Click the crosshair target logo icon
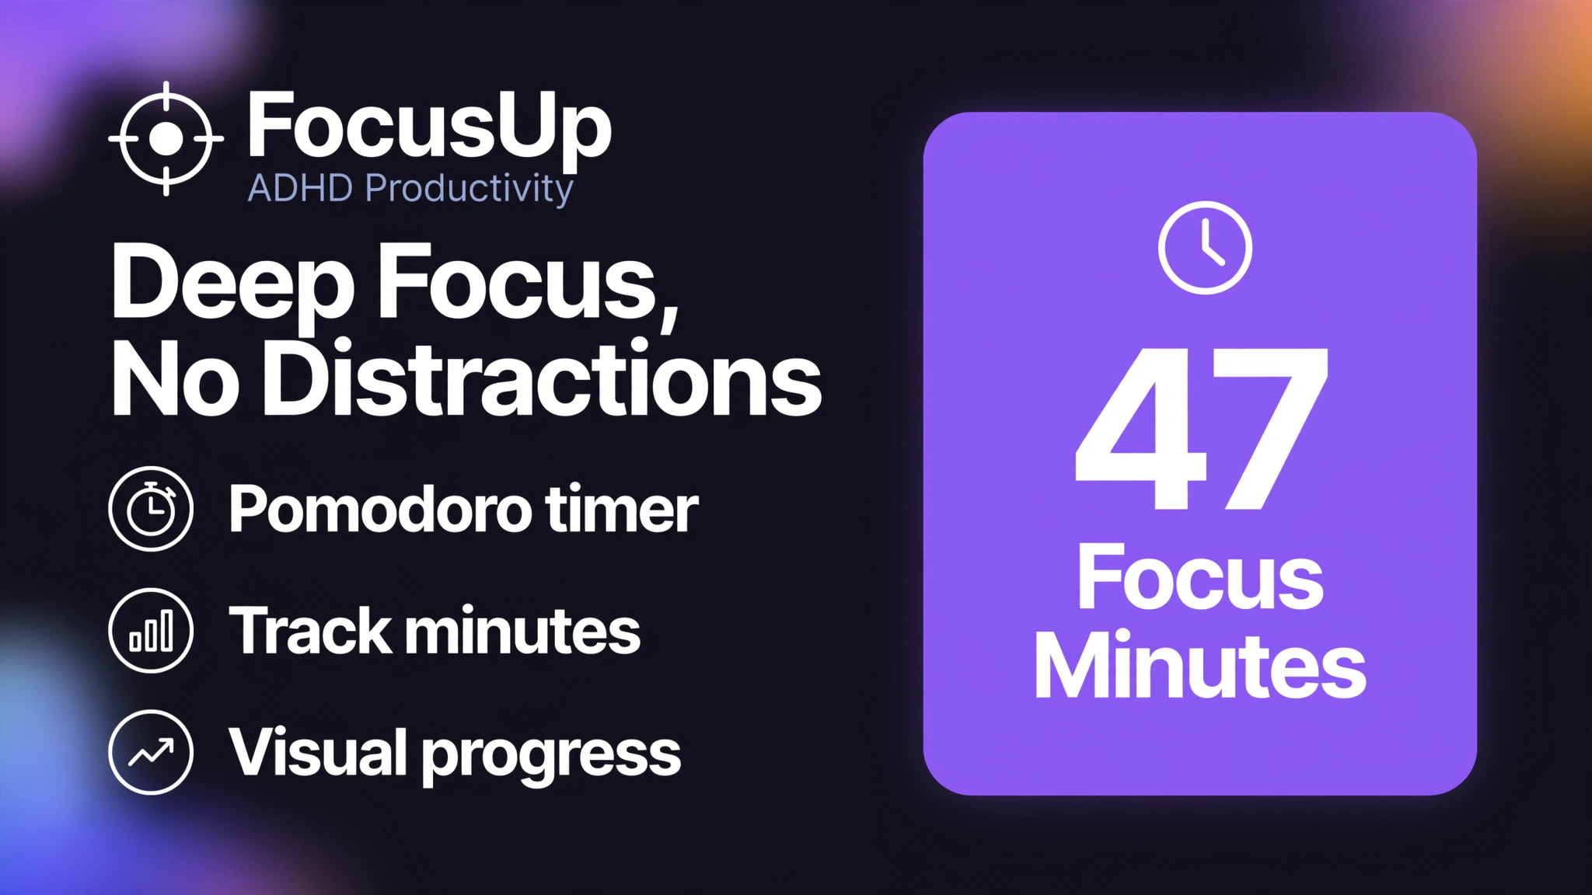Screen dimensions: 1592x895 (x=166, y=138)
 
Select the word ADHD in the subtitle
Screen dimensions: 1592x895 (x=302, y=188)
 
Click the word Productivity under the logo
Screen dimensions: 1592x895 (x=470, y=190)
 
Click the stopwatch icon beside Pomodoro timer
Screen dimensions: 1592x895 (x=151, y=509)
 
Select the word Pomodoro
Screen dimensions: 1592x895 (x=378, y=511)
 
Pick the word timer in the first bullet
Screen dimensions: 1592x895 (x=622, y=510)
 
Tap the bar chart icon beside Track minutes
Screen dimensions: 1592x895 (x=151, y=630)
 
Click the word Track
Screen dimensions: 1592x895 (x=309, y=630)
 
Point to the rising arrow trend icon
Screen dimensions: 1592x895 (x=151, y=752)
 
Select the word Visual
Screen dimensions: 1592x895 (x=318, y=751)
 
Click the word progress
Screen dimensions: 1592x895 (x=552, y=757)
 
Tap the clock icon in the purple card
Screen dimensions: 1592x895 (x=1205, y=248)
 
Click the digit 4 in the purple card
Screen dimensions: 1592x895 (x=1141, y=429)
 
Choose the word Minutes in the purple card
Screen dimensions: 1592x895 (x=1199, y=666)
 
